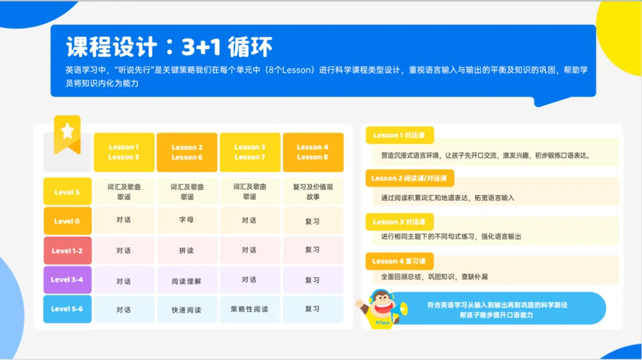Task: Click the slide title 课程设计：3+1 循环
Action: pyautogui.click(x=169, y=47)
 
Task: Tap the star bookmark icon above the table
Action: pyautogui.click(x=67, y=132)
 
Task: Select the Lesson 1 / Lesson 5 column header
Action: pyautogui.click(x=124, y=152)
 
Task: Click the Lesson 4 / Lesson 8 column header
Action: pyautogui.click(x=313, y=152)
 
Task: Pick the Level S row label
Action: pyautogui.click(x=67, y=192)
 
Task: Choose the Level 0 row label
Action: pyautogui.click(x=67, y=221)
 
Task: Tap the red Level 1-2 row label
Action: pyautogui.click(x=67, y=251)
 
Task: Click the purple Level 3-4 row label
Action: pyautogui.click(x=67, y=280)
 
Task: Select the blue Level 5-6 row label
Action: pyautogui.click(x=67, y=309)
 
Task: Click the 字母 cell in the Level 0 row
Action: pyautogui.click(x=187, y=220)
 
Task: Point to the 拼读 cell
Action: pyautogui.click(x=187, y=250)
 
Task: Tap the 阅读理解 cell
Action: pyautogui.click(x=187, y=280)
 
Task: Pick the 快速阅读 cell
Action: pyautogui.click(x=187, y=310)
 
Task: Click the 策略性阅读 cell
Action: pyautogui.click(x=250, y=310)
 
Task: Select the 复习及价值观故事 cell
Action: pyautogui.click(x=313, y=191)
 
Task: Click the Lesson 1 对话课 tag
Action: pyautogui.click(x=399, y=135)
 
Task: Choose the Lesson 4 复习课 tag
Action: pyautogui.click(x=399, y=261)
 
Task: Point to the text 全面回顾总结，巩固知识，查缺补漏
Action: pyautogui.click(x=435, y=277)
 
